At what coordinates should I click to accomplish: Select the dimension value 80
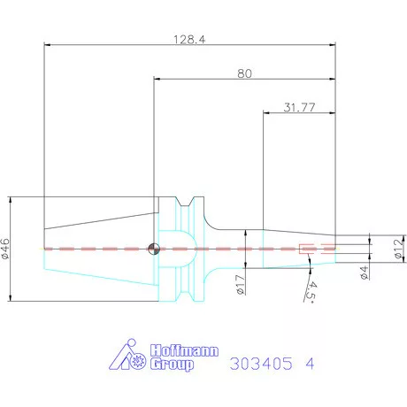[245, 74]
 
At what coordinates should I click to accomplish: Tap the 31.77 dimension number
[300, 107]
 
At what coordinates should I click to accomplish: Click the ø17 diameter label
[241, 283]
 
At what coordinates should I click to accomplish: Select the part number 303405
[257, 363]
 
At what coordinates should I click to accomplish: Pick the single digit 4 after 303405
[308, 363]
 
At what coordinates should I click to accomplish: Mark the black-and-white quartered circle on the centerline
[154, 249]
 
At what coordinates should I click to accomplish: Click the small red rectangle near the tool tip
[308, 249]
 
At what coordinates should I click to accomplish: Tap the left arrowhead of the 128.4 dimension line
[47, 46]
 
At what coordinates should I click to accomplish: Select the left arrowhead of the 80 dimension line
[157, 80]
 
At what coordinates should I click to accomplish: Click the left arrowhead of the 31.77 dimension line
[268, 112]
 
